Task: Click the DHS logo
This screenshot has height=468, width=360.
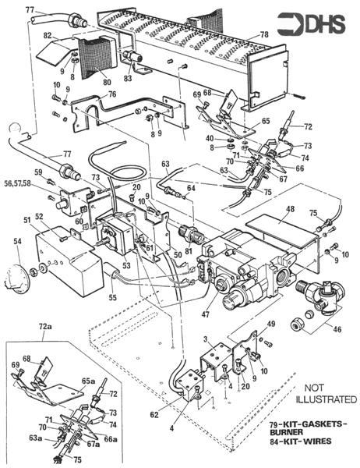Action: tap(311, 23)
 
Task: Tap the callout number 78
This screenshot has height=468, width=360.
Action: tap(263, 34)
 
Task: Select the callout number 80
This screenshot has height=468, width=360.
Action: tap(107, 81)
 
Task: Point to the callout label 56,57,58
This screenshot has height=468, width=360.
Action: tap(18, 183)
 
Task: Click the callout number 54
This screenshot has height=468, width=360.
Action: tap(18, 241)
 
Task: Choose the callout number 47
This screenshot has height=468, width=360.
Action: tap(205, 314)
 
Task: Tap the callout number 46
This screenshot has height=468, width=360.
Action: tap(337, 329)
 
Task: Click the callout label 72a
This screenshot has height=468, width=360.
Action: tap(45, 327)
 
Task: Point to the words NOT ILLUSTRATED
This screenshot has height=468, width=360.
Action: tap(326, 394)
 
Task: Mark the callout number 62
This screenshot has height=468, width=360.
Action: tap(154, 415)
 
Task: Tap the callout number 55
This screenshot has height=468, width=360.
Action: tap(113, 297)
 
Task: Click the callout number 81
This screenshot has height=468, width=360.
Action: tap(189, 251)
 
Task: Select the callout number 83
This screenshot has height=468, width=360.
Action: tap(129, 78)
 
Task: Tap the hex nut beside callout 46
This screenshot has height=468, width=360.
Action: tap(297, 325)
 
